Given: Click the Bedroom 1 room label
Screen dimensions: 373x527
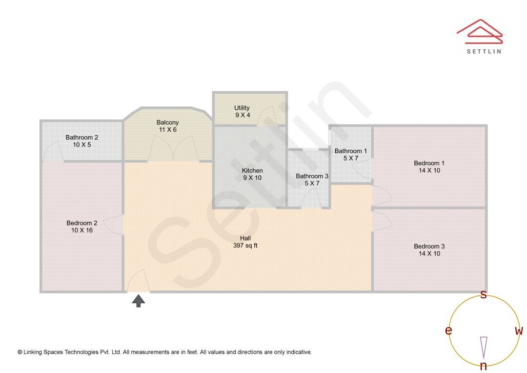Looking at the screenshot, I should (429, 163).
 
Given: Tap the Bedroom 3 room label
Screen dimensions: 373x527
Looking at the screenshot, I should (429, 247).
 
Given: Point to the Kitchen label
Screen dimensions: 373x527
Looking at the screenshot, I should (252, 170).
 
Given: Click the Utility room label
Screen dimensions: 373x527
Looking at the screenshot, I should (242, 108).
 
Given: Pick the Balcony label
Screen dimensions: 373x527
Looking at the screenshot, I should (167, 123).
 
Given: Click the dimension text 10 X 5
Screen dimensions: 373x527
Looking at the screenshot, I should (82, 145).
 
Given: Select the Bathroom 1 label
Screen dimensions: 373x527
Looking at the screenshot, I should (350, 151).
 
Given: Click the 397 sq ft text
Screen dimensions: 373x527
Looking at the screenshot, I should (245, 246).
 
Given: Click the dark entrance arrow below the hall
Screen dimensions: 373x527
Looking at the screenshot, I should (139, 301).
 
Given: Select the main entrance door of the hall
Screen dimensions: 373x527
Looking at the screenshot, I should (138, 282).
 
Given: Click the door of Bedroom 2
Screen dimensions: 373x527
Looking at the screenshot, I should (114, 225).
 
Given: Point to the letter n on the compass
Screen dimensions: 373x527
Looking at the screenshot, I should (483, 366).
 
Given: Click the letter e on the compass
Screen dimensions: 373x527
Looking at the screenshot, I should (448, 331).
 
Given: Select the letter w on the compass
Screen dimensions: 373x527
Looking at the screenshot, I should (519, 331).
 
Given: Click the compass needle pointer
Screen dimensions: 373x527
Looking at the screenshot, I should (484, 347).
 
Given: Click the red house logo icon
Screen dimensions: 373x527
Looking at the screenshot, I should (480, 32).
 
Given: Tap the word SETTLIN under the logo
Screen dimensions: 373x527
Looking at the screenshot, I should (484, 51).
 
